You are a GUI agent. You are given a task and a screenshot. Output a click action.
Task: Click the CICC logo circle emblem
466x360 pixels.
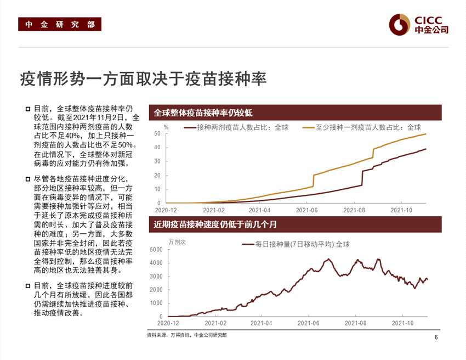tap(399, 24)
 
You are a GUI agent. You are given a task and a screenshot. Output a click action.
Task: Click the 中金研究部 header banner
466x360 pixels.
tap(59, 25)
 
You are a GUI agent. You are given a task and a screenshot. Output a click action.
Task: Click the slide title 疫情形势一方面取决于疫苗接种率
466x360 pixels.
tap(143, 79)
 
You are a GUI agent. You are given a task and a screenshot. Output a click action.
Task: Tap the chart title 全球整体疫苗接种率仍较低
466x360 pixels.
tap(203, 113)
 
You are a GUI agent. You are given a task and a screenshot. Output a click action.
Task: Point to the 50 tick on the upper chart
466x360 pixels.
tap(157, 133)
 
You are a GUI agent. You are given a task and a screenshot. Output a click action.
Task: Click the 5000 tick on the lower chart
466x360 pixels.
tap(156, 250)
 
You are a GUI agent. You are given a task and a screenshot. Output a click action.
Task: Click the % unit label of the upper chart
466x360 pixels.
tap(166, 127)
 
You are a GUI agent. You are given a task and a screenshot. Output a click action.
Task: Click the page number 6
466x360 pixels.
tap(436, 337)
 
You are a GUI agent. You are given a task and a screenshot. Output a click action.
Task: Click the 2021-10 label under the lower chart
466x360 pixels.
tap(402, 323)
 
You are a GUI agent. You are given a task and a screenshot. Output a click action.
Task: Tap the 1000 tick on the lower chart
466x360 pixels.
tap(156, 303)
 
